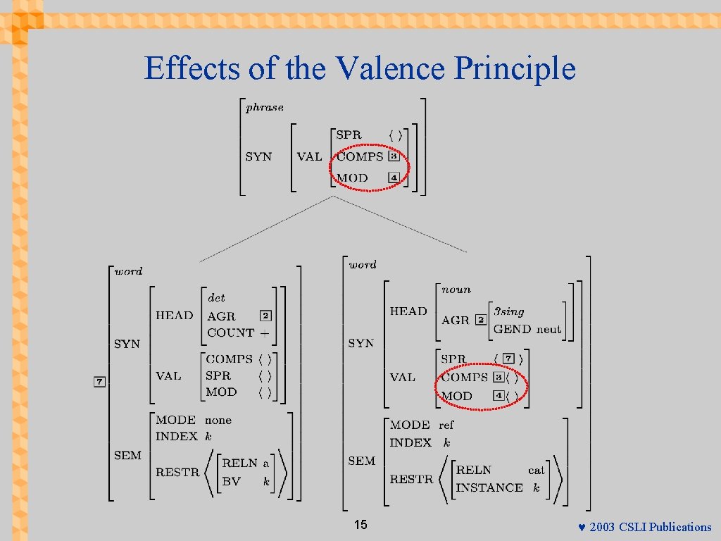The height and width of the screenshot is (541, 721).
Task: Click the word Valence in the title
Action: [x=391, y=68]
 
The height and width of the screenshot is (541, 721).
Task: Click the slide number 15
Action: [x=360, y=525]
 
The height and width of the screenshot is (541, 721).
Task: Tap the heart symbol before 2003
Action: [x=582, y=527]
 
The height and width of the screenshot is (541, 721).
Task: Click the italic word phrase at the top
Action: [x=265, y=108]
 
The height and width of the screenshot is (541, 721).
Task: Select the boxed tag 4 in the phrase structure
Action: [x=394, y=178]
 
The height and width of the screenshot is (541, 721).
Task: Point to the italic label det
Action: [x=216, y=299]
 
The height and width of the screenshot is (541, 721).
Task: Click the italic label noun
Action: [x=456, y=290]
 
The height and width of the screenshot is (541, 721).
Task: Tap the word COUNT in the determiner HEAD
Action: [x=230, y=332]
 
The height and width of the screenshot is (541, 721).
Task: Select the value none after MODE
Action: [x=218, y=420]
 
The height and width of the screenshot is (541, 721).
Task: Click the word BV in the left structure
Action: [x=231, y=482]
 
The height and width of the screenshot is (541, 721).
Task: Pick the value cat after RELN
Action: [x=537, y=470]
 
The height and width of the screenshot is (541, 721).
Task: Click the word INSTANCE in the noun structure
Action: [x=489, y=487]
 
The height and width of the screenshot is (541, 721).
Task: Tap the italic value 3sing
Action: [x=509, y=311]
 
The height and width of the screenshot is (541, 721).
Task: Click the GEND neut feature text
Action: [x=527, y=329]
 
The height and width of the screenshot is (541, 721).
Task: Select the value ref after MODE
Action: [x=446, y=425]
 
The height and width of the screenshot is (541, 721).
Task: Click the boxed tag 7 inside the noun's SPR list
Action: [x=508, y=359]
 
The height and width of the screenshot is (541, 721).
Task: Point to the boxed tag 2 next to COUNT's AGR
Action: [x=265, y=316]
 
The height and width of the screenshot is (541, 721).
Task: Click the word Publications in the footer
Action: [x=680, y=527]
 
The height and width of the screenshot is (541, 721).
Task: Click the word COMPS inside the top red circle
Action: [x=360, y=156]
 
